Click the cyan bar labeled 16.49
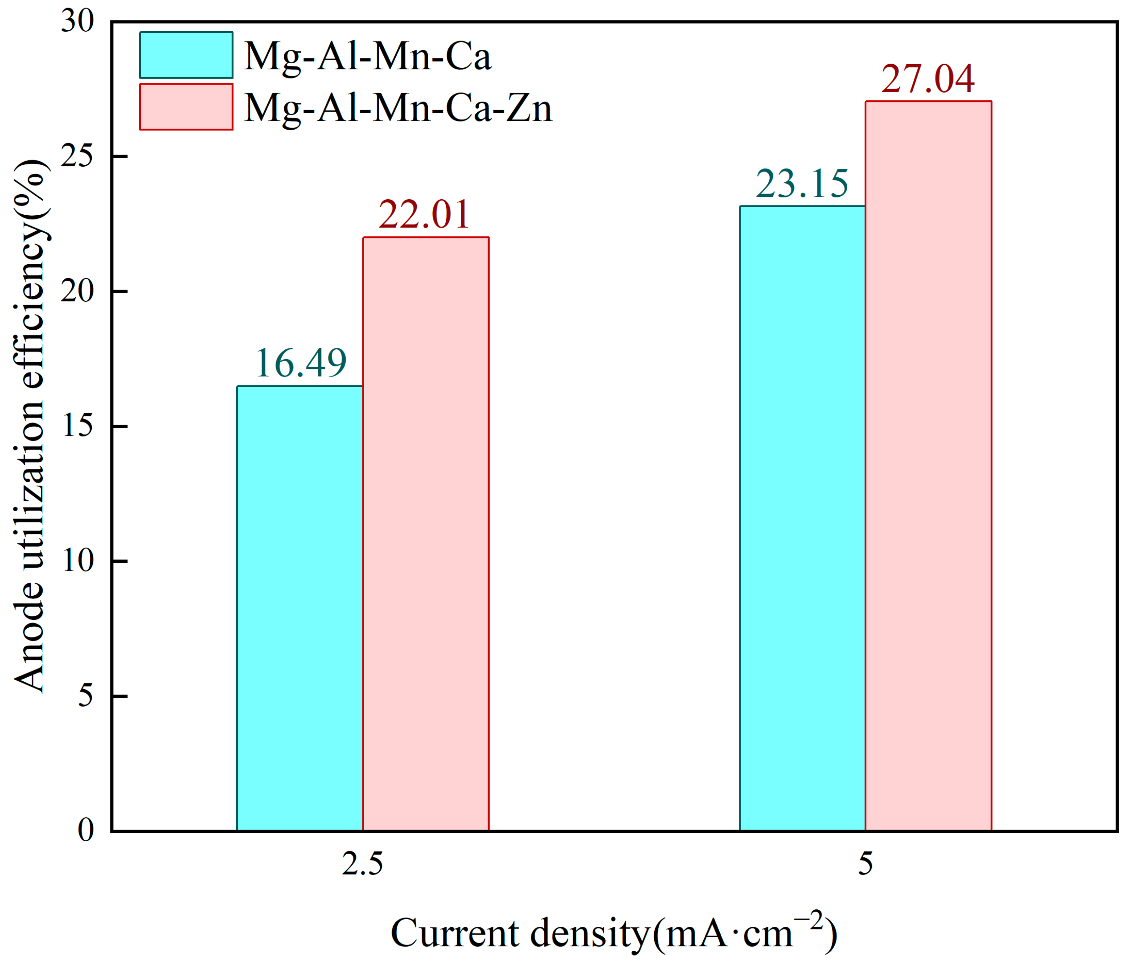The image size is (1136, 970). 300,608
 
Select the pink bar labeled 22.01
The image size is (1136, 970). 426,534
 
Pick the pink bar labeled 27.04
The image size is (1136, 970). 928,466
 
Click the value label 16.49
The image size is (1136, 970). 301,363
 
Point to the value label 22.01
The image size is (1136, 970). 424,214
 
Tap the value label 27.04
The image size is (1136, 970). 928,79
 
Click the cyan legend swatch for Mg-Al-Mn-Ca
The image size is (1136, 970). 186,55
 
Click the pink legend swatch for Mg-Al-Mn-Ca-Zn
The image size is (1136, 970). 186,107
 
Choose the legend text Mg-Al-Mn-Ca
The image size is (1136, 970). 367,56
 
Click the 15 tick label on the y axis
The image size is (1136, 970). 77,427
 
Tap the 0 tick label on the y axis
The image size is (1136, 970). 86,830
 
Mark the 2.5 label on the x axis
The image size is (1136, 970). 362,865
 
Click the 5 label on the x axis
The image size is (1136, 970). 865,865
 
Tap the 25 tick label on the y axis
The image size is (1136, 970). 77,157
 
